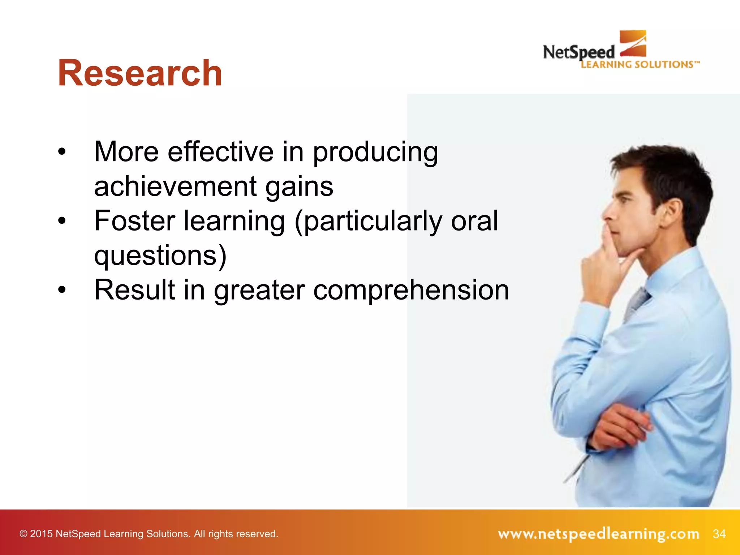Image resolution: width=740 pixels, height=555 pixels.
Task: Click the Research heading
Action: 140,73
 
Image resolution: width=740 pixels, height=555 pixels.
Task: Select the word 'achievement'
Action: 175,187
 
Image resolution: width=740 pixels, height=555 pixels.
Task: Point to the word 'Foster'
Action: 134,221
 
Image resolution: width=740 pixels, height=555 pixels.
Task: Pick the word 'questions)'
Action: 160,255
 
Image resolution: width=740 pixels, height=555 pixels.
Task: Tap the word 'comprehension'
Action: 411,290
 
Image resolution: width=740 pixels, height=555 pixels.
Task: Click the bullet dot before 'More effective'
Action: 62,152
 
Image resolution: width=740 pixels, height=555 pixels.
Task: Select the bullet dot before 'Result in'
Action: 62,290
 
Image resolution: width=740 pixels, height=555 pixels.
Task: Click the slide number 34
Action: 719,534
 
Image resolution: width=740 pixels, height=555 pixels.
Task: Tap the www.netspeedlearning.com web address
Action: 598,534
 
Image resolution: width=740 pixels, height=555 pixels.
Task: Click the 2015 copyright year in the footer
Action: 41,534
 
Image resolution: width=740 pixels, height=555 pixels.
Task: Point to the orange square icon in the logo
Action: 633,43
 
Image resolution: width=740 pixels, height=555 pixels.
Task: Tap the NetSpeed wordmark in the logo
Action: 578,53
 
